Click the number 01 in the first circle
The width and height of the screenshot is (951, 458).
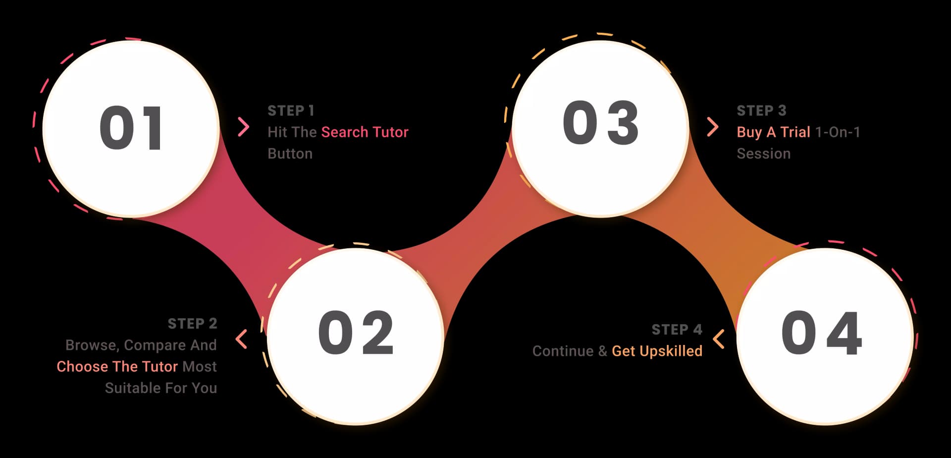pos(131,128)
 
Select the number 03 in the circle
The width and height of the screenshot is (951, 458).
pos(601,122)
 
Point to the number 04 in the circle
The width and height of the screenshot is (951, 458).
pos(822,333)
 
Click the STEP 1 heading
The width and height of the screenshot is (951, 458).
pos(291,111)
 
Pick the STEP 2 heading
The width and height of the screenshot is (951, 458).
pos(193,324)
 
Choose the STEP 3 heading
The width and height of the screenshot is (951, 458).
pos(761,111)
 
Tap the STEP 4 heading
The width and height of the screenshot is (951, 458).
pos(677,330)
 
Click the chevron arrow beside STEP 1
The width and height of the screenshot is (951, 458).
pos(243,127)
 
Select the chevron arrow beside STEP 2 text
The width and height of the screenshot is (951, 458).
pos(241,339)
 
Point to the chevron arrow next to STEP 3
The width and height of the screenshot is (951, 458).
pos(712,127)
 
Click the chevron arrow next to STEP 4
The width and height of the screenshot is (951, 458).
pos(719,339)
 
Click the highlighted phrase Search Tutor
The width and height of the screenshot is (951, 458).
pos(365,132)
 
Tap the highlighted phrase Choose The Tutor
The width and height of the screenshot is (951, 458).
pos(117,366)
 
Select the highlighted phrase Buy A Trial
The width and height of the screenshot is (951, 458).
pos(773,132)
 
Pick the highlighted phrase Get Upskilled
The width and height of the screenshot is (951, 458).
pos(657,351)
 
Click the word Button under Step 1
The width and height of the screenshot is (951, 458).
pos(290,154)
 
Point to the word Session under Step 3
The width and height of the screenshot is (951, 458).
pos(763,154)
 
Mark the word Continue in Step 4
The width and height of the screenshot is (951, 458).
pos(563,351)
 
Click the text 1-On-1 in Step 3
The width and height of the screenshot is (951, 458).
pos(838,132)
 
